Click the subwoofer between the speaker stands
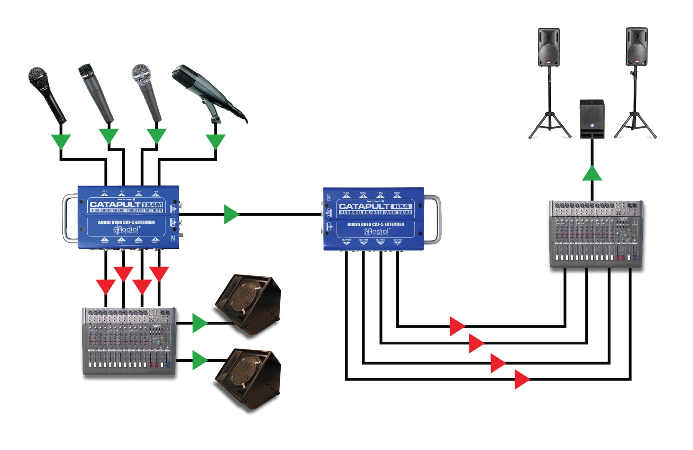click(x=592, y=119)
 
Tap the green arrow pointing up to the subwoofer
click(x=592, y=174)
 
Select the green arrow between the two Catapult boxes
click(x=231, y=214)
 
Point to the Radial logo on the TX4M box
click(x=126, y=229)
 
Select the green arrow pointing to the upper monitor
click(x=199, y=323)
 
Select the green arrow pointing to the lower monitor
click(x=199, y=360)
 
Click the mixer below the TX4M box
click(x=129, y=341)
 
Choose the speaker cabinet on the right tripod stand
click(x=637, y=47)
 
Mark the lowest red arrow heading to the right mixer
click(x=521, y=379)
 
